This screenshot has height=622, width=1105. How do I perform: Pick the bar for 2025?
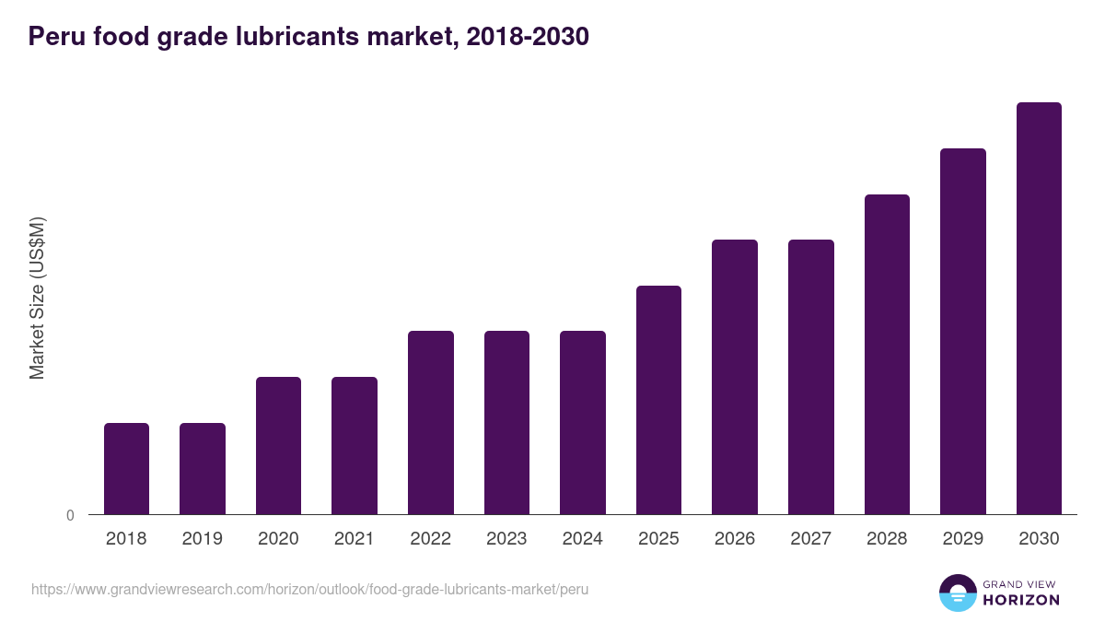click(658, 400)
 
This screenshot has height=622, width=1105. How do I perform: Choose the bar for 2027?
click(810, 377)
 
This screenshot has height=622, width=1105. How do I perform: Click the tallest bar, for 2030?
click(1039, 308)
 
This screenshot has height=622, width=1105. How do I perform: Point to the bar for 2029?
click(962, 331)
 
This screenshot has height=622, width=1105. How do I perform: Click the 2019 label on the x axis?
click(202, 539)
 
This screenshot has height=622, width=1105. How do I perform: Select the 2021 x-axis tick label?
click(355, 539)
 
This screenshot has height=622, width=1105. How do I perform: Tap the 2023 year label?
click(506, 539)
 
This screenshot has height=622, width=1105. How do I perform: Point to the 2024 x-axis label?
click(582, 539)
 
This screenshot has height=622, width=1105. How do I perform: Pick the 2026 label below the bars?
click(734, 539)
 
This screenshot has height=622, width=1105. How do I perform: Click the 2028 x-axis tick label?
click(887, 539)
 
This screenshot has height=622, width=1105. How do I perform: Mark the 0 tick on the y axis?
click(70, 515)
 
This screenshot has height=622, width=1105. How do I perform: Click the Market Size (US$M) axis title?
click(37, 298)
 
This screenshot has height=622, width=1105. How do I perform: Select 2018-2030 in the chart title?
click(528, 37)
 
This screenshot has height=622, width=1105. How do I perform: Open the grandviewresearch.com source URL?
click(309, 589)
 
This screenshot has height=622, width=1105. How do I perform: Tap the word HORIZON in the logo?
click(1021, 600)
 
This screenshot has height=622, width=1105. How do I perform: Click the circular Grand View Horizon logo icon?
click(958, 593)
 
